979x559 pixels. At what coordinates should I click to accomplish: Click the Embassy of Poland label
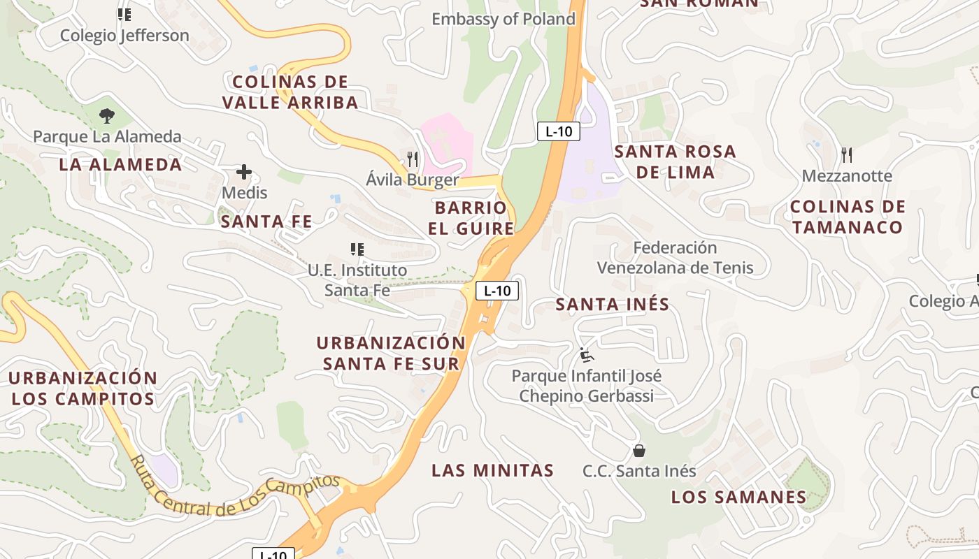click(x=503, y=19)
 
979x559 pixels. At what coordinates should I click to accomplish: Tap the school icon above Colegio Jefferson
click(x=124, y=15)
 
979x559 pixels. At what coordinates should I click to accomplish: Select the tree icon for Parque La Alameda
click(x=107, y=115)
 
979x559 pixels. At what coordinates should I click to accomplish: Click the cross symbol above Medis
click(x=244, y=171)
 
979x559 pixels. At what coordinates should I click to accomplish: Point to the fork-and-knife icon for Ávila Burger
click(x=413, y=159)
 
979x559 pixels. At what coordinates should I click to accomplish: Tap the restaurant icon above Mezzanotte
click(x=847, y=154)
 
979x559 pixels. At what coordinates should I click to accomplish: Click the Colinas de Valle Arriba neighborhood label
click(x=290, y=92)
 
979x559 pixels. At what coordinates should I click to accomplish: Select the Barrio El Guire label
click(x=471, y=218)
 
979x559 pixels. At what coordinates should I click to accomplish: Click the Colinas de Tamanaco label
click(x=848, y=217)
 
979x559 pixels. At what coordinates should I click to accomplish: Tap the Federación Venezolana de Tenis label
click(x=675, y=257)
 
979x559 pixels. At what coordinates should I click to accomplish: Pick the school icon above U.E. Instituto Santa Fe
click(x=357, y=249)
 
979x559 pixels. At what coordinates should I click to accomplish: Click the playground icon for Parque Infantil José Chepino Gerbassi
click(x=587, y=356)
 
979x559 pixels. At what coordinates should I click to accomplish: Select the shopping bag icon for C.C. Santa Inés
click(x=638, y=451)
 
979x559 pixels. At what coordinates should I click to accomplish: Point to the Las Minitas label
click(x=492, y=470)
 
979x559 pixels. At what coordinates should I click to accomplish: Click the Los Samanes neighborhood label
click(x=738, y=497)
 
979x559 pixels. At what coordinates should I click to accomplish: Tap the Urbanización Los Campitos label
click(x=83, y=388)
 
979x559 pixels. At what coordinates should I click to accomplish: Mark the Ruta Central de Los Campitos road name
click(x=234, y=494)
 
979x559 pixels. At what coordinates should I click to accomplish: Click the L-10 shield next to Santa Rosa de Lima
click(x=559, y=131)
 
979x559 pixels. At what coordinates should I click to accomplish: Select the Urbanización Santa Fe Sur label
click(x=391, y=353)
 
